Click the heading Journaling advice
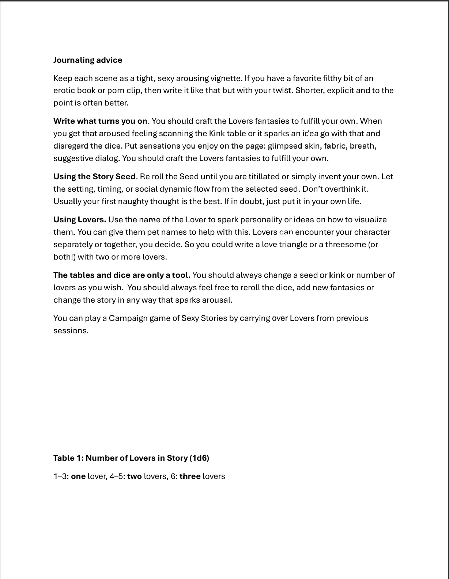tap(88, 60)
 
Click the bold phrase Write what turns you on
tap(100, 121)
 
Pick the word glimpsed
tap(285, 146)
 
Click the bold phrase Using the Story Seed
tap(94, 177)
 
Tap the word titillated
tap(264, 177)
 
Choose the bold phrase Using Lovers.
tap(79, 220)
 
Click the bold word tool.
tap(181, 275)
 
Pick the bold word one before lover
tap(78, 476)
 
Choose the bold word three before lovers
tap(190, 476)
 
